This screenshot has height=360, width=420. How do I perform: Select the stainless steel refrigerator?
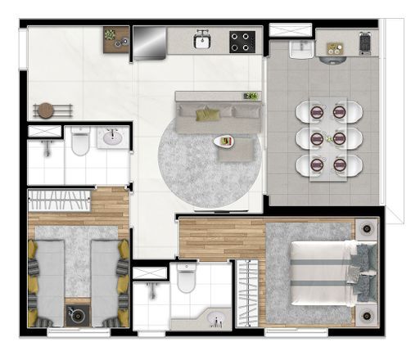(150, 43)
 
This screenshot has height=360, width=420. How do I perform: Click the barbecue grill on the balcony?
(365, 43)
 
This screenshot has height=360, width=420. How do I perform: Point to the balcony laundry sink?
(301, 49)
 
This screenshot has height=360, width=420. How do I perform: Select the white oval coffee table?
(223, 142)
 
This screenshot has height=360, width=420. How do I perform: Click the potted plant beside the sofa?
(251, 97)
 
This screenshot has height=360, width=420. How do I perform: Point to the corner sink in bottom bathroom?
(215, 317)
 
